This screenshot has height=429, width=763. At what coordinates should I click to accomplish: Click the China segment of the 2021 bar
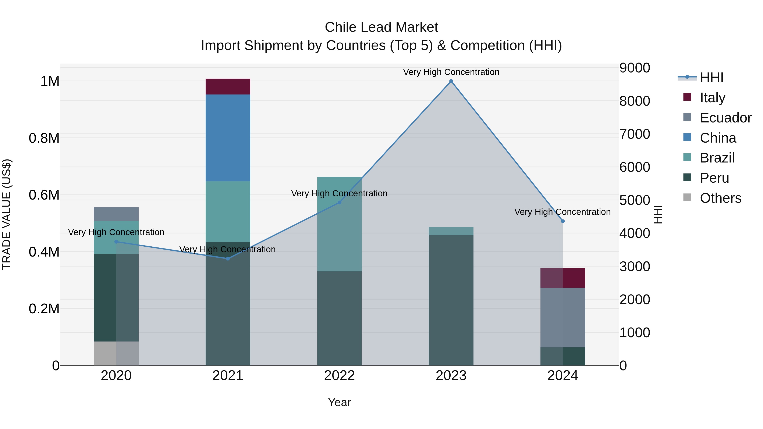click(x=228, y=138)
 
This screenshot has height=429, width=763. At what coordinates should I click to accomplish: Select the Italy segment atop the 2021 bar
click(x=228, y=86)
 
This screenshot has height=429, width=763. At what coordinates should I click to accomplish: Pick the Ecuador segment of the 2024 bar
click(x=563, y=317)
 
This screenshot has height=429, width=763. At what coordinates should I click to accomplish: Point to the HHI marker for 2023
click(x=451, y=81)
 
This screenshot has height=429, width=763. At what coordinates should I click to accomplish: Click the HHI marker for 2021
click(x=228, y=259)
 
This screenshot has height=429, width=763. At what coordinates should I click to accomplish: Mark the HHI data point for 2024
click(x=563, y=221)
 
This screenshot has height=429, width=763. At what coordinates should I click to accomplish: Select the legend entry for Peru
click(x=714, y=178)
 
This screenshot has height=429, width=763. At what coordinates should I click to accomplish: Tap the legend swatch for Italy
click(x=687, y=97)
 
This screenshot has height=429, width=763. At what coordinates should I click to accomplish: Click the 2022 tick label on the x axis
click(x=340, y=376)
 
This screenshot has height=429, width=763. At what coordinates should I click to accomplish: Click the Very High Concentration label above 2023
click(x=451, y=72)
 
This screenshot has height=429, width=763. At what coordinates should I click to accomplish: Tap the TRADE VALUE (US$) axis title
click(x=7, y=214)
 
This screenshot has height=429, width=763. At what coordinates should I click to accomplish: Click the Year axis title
click(x=340, y=402)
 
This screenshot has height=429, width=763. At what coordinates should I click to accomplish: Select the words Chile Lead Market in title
click(x=381, y=27)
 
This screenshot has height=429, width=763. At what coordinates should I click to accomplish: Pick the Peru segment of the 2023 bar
click(x=451, y=300)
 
